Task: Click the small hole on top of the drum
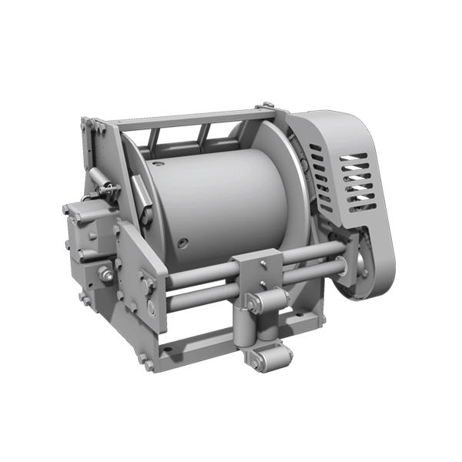click(159, 163)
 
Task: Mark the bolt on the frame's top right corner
click(267, 105)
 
